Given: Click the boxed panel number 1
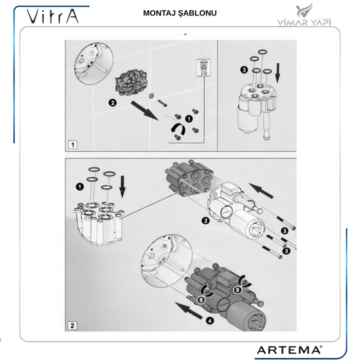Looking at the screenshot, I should pos(74,145).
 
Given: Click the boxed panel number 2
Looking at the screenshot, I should pos(73,325).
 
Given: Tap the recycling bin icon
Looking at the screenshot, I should pos(203,67).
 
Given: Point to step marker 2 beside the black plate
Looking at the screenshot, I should pos(112,102).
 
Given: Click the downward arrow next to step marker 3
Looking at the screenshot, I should pos(278,73).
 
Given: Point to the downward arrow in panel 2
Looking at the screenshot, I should pos(122,187).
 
